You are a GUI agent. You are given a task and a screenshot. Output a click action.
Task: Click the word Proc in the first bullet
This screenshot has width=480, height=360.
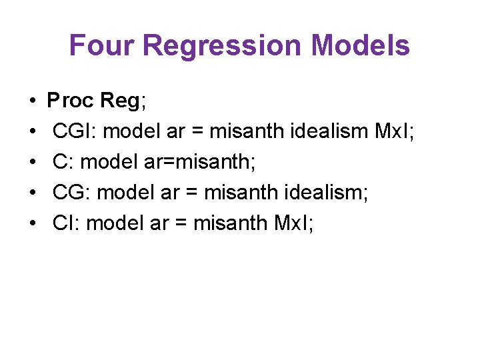71,101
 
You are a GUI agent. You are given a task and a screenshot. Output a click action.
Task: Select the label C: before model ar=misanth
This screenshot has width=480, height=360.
63,162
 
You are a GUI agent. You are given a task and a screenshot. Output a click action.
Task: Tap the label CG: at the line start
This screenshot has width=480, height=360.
72,193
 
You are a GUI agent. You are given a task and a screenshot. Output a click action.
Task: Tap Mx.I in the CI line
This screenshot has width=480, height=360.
291,223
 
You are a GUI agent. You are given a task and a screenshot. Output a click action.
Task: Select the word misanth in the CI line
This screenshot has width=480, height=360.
231,223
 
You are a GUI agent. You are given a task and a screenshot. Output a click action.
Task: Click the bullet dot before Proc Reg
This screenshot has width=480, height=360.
33,101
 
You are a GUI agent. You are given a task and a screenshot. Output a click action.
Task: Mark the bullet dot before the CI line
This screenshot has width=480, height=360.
33,224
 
